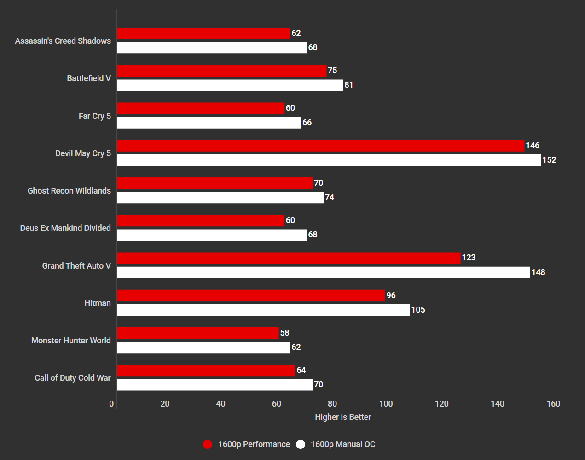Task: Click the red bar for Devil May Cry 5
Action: coord(320,146)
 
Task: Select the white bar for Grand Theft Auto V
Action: coord(323,272)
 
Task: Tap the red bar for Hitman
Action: coord(251,295)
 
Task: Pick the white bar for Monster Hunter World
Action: coord(203,347)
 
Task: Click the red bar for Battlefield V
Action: coord(221,71)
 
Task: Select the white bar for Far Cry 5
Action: coord(209,123)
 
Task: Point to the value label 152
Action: coord(549,160)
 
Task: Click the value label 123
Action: coord(469,258)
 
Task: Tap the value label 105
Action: coord(418,310)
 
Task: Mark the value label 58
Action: coord(284,333)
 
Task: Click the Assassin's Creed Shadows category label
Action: coord(63,41)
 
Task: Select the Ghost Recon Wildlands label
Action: coord(69,191)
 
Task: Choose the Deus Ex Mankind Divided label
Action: coord(65,228)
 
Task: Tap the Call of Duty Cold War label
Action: coord(73,378)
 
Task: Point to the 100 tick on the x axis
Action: coord(386,404)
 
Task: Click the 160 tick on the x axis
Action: coord(553,404)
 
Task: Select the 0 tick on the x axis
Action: coord(111,404)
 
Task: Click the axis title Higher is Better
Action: coord(343,417)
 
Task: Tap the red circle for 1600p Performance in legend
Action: coord(208,444)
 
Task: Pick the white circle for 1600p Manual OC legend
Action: coord(301,444)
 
